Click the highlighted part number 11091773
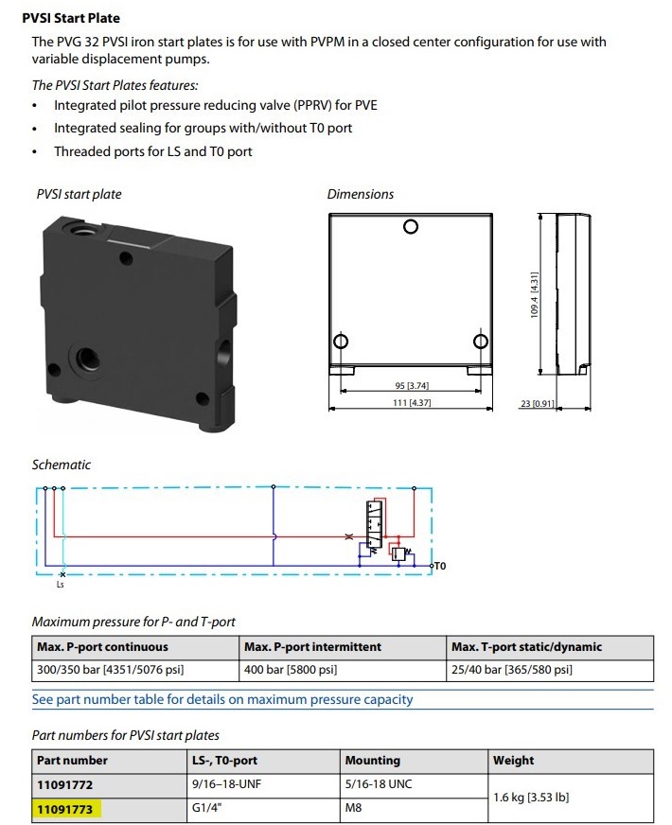(64, 809)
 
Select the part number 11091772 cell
(64, 784)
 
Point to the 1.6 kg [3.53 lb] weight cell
(531, 797)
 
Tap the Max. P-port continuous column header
(102, 647)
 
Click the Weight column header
(514, 760)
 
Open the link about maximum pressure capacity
(222, 700)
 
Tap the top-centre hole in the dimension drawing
(410, 227)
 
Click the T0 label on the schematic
(439, 566)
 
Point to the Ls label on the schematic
(62, 585)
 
